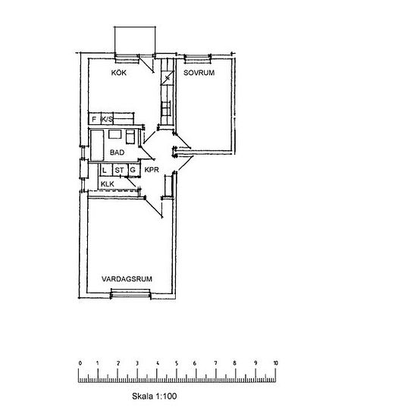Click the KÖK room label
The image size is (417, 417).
click(x=118, y=72)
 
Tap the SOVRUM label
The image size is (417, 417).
click(x=199, y=73)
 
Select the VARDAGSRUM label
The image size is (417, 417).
click(x=127, y=279)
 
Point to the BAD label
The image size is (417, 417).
click(x=117, y=152)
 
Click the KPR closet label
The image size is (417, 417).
click(x=152, y=170)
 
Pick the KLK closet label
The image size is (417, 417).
click(x=108, y=184)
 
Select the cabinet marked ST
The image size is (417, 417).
click(x=120, y=170)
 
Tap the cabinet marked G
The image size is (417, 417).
click(x=133, y=170)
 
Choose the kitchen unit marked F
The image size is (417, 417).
click(x=95, y=118)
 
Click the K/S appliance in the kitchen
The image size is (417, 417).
click(x=107, y=118)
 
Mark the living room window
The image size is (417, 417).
click(x=130, y=293)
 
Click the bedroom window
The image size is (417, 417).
click(x=198, y=58)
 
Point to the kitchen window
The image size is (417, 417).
click(x=127, y=58)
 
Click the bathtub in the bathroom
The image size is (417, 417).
click(x=97, y=146)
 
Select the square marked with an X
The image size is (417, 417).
click(x=168, y=78)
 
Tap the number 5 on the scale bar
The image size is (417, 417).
click(x=177, y=363)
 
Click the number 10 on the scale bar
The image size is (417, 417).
click(x=275, y=363)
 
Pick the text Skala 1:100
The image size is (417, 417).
click(x=154, y=397)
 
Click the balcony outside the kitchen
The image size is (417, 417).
click(x=135, y=40)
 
